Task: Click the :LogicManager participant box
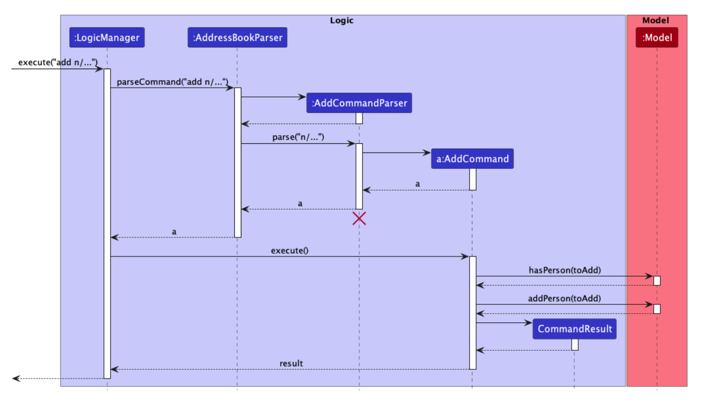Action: [x=107, y=38]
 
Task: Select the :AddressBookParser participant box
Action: [x=237, y=38]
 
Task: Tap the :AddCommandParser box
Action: [x=359, y=103]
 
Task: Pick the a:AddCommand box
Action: [x=472, y=159]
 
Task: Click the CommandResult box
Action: [x=574, y=329]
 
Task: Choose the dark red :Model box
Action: [x=657, y=38]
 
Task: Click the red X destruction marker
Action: [x=359, y=218]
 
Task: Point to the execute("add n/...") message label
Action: [x=58, y=62]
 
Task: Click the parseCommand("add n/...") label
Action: [x=172, y=81]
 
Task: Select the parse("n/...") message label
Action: [x=298, y=137]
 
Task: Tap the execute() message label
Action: [x=289, y=251]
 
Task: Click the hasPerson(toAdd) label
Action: [x=565, y=270]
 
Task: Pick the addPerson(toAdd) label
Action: [x=565, y=298]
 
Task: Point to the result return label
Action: [x=291, y=363]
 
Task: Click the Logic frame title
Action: [x=342, y=21]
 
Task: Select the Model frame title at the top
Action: [x=656, y=21]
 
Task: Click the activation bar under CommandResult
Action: [x=574, y=345]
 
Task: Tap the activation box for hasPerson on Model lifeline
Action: [x=657, y=280]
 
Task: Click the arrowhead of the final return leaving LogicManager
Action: [x=15, y=378]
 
